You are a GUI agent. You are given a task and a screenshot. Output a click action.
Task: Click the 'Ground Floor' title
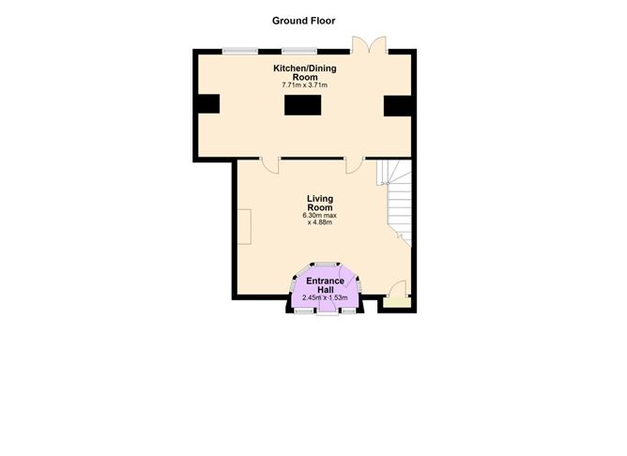coord(303,21)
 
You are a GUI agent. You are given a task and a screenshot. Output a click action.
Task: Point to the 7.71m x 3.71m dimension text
coord(304,85)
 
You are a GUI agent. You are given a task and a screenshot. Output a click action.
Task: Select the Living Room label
coord(320,203)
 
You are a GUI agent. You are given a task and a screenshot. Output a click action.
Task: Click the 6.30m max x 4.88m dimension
coord(319,220)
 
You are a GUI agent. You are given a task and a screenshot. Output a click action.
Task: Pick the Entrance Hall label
coord(326,286)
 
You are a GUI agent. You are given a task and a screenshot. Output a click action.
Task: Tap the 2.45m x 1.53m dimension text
coord(326,298)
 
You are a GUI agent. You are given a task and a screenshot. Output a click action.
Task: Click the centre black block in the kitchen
coord(303,105)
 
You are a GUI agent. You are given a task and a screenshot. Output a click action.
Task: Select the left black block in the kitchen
coord(208,104)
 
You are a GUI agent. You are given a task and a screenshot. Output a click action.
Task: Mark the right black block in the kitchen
coord(398,106)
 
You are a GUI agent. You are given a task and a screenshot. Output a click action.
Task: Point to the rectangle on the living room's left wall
coord(243,226)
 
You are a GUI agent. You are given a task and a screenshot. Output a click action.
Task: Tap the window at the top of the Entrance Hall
coord(325,264)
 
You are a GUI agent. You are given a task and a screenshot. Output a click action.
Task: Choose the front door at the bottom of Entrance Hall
coord(326,310)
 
